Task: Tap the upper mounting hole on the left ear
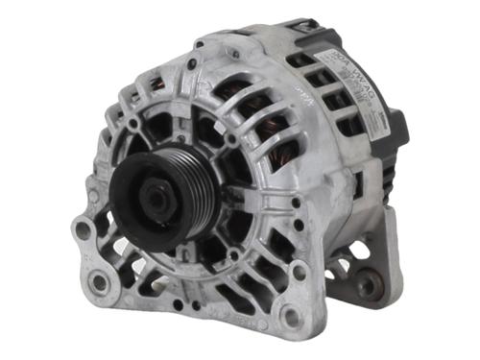click(x=84, y=231)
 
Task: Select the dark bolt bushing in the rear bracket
click(x=367, y=285)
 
